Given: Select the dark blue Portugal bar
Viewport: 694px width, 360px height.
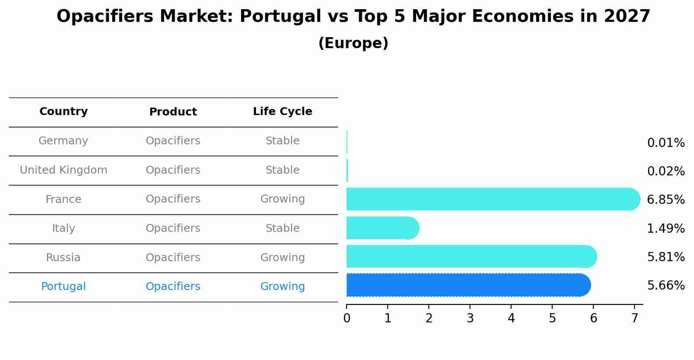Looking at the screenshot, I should pos(468,285).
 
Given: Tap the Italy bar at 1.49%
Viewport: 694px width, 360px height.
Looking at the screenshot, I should pos(382,228).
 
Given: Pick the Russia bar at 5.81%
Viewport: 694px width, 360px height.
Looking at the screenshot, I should pos(471,256).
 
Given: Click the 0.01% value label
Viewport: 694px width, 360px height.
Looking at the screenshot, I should pos(666,143).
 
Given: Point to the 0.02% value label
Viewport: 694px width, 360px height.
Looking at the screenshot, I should pos(666,171).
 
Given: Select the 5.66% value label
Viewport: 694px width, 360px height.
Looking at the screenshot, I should pos(666,286).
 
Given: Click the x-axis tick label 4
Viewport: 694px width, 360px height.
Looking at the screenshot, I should pos(511,318).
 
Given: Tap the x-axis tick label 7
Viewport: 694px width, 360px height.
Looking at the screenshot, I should pos(634,318).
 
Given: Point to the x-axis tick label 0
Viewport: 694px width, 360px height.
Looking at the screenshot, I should pos(347,318).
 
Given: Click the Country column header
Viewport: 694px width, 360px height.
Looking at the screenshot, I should pos(63,112).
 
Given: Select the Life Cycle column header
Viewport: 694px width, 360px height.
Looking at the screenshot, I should pos(282,112).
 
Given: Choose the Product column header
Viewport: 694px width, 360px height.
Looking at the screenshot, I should pos(173,112).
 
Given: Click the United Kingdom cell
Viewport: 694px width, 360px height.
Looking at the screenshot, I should pos(63,170).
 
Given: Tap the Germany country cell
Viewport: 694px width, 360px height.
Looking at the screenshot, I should pos(63,141).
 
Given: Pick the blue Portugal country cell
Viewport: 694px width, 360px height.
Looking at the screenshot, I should pos(63,287).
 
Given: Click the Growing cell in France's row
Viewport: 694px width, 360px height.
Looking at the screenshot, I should pos(282,199).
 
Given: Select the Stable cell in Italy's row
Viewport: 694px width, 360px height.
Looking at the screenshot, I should pos(282,228).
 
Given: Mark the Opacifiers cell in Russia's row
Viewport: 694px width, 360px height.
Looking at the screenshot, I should pos(173,258).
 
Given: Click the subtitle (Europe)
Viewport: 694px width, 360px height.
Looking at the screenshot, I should pos(353,43).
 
